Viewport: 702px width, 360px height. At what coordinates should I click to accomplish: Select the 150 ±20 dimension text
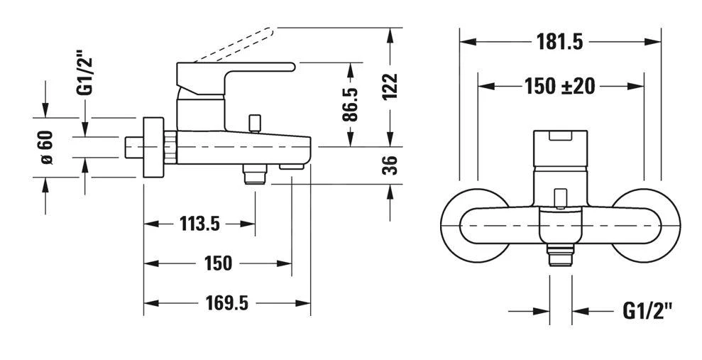[559, 87]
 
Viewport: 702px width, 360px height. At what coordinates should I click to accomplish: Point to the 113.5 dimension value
[199, 224]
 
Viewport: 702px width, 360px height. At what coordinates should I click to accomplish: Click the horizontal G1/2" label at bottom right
[647, 310]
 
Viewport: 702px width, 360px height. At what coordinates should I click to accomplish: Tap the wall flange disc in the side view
[152, 148]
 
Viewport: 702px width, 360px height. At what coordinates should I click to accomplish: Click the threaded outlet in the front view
[561, 253]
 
